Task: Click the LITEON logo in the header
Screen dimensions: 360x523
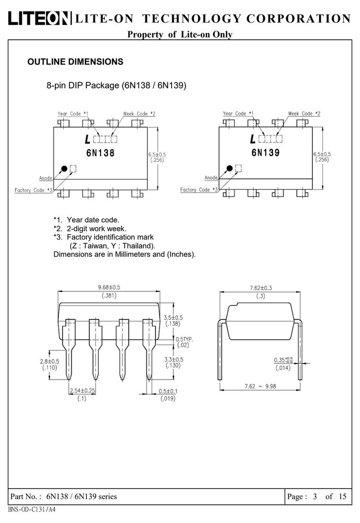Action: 39,18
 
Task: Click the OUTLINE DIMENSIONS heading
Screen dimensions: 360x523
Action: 75,62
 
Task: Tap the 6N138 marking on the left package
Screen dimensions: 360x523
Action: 100,153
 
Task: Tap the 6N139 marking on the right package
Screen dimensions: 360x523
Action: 266,152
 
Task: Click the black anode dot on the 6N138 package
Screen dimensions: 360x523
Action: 64,169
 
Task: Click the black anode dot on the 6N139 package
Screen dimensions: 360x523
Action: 230,168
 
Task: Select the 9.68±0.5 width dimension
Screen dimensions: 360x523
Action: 109,287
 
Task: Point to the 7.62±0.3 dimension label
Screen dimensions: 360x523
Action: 261,288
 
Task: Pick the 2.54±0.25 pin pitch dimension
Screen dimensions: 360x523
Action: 82,390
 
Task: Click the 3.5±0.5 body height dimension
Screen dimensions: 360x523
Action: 173,317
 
